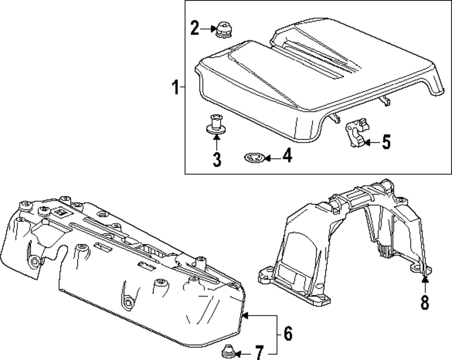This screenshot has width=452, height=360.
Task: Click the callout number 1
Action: pos(175,87)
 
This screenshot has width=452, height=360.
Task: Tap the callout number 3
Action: pos(217,159)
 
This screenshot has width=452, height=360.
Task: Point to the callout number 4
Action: pos(286,157)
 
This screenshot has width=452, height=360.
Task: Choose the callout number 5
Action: pos(386,142)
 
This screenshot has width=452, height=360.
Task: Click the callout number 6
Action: pos(288,334)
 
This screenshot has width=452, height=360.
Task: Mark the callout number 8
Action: pos(424,302)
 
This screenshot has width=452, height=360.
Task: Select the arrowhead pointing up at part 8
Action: pos(424,281)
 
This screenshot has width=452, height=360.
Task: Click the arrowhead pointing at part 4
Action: pos(267,158)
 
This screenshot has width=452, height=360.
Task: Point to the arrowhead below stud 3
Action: pos(217,136)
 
